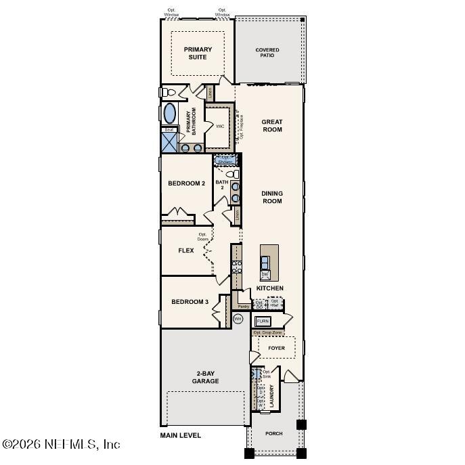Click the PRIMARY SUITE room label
click(x=198, y=53)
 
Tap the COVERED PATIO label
click(x=267, y=53)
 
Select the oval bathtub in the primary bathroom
click(x=170, y=113)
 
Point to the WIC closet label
click(x=220, y=127)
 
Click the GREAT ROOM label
click(x=272, y=125)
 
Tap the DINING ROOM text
click(x=272, y=197)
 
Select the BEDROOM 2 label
click(x=187, y=183)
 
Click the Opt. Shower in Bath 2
click(x=226, y=160)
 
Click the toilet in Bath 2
click(x=234, y=174)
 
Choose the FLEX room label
click(x=186, y=250)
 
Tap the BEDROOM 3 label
click(x=190, y=302)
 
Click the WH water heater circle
click(x=238, y=318)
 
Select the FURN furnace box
click(x=263, y=321)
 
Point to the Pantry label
click(x=244, y=307)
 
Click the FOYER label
click(x=276, y=349)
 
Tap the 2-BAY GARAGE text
click(x=205, y=377)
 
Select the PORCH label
click(x=274, y=433)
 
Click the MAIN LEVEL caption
click(x=181, y=435)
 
